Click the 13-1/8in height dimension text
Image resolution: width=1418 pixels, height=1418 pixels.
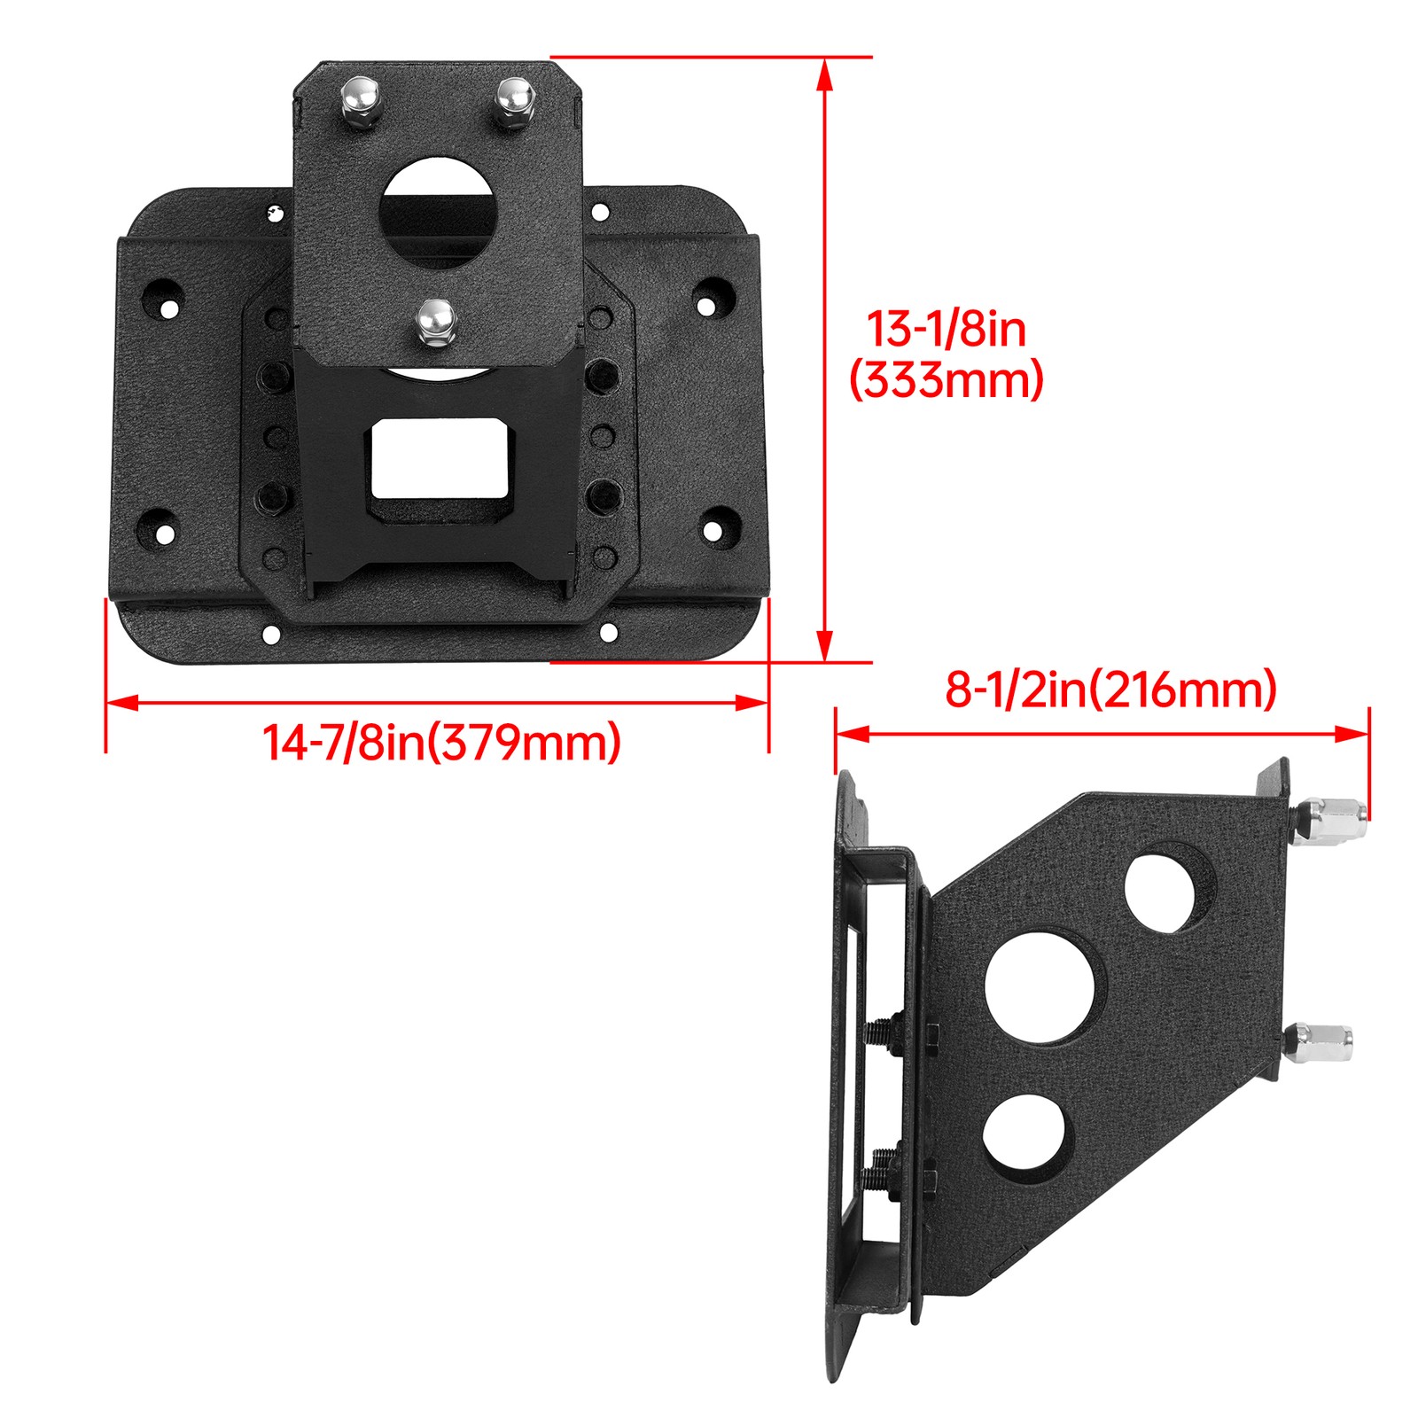pyautogui.click(x=946, y=329)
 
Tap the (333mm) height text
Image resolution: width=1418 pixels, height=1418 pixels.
pyautogui.click(x=947, y=381)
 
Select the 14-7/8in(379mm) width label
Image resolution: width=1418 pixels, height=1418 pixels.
pyautogui.click(x=441, y=742)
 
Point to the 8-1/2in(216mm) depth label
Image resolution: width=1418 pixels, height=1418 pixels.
pyautogui.click(x=1110, y=690)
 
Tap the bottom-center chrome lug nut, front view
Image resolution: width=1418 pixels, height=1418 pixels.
pyautogui.click(x=434, y=323)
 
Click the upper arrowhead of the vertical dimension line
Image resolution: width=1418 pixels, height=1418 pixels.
pyautogui.click(x=825, y=74)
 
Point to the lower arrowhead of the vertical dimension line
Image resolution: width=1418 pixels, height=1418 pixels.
pyautogui.click(x=825, y=644)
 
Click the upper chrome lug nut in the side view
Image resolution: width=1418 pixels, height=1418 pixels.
pyautogui.click(x=1329, y=819)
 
